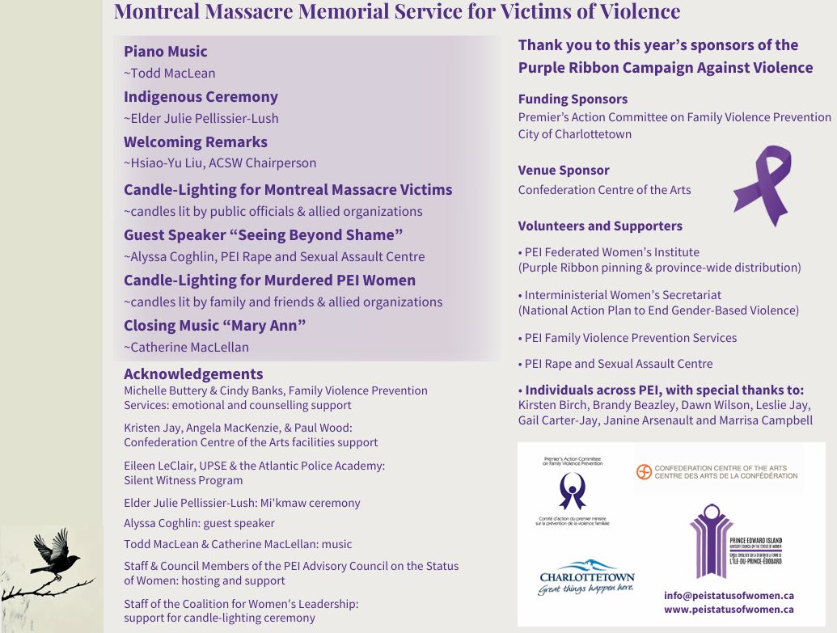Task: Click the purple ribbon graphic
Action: pos(762,185)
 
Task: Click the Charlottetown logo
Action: pos(586,577)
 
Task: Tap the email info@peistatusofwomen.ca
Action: pos(729,595)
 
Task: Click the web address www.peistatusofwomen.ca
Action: pos(729,609)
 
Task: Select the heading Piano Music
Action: pos(166,52)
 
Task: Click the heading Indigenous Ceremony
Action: pos(201,97)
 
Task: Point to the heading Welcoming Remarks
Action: pos(195,142)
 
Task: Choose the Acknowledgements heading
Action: pos(193,374)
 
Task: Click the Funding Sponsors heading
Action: pos(573,99)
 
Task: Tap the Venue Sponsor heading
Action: pos(564,171)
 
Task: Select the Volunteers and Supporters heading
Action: pos(600,226)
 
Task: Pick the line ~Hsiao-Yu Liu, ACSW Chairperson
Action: pos(220,163)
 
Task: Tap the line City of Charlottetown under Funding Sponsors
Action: pos(574,134)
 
